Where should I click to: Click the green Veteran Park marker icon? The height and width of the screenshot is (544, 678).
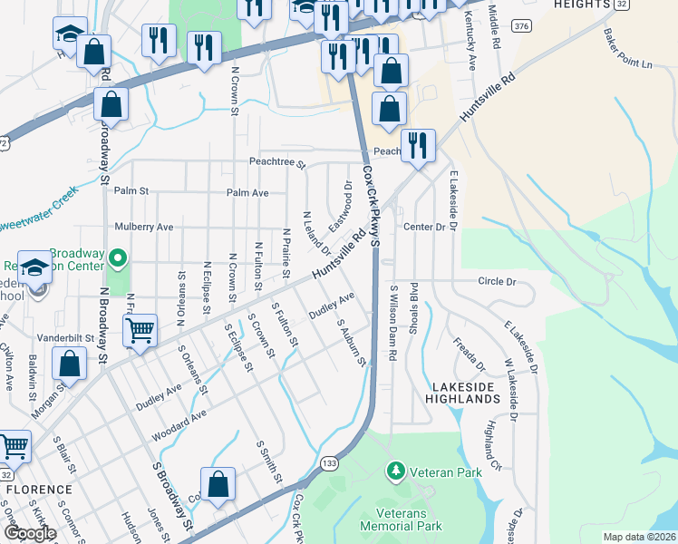pos(395,471)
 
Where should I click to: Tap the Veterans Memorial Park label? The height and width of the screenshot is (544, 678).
pos(401,519)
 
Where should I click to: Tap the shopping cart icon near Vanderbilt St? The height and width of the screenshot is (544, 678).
pos(140,331)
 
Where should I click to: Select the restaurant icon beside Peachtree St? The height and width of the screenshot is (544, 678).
pos(418,146)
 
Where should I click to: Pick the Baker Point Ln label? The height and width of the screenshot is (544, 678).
pos(627,51)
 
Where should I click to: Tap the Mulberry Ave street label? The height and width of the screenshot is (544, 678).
pos(143,227)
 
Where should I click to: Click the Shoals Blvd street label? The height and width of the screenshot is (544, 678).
pos(412,308)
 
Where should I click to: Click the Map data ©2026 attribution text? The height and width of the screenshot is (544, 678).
pos(639,537)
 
